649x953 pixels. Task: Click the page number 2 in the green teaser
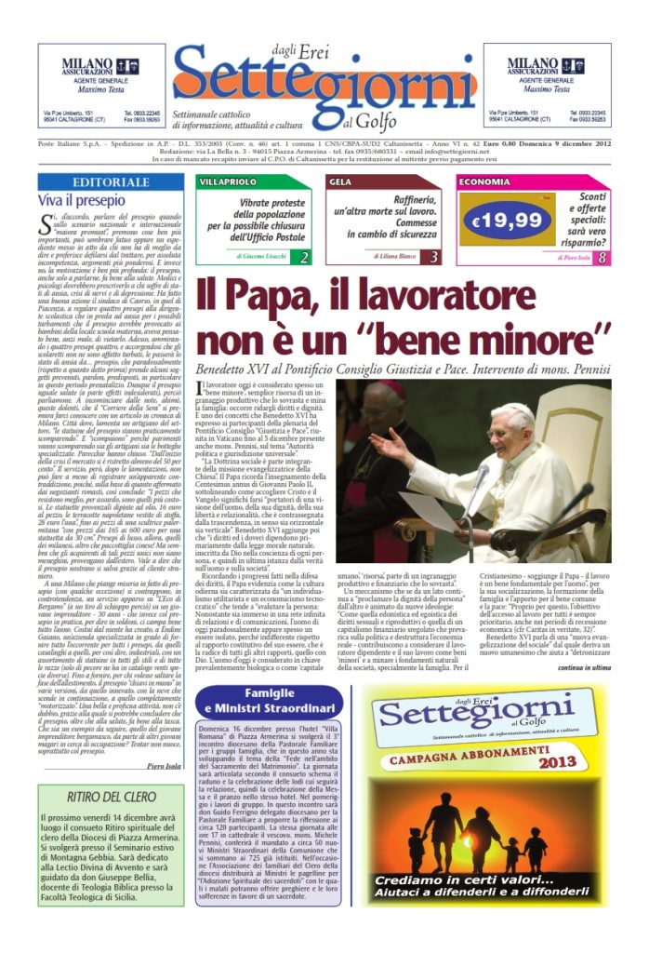(303, 256)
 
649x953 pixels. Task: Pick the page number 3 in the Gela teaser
(434, 256)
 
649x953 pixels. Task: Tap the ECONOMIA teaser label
(483, 182)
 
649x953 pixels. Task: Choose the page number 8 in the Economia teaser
(603, 257)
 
